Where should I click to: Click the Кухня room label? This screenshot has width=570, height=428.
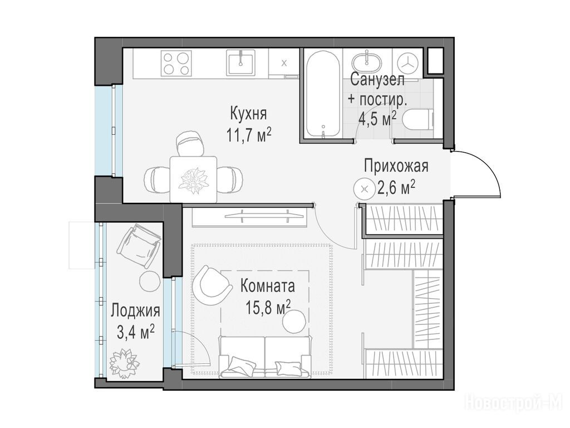(248, 114)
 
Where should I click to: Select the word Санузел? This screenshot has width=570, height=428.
(377, 80)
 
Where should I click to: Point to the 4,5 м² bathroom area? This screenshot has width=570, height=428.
(377, 118)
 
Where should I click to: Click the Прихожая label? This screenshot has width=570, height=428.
(396, 166)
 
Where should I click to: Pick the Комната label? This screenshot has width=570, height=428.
(268, 286)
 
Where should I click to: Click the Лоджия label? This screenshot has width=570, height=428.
(135, 311)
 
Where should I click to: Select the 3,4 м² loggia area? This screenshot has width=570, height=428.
(136, 332)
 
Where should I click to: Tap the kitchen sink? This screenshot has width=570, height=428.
(240, 62)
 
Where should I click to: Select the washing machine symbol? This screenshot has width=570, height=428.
(409, 64)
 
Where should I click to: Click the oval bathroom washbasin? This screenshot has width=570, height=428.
(366, 63)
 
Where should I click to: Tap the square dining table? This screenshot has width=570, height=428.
(194, 179)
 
